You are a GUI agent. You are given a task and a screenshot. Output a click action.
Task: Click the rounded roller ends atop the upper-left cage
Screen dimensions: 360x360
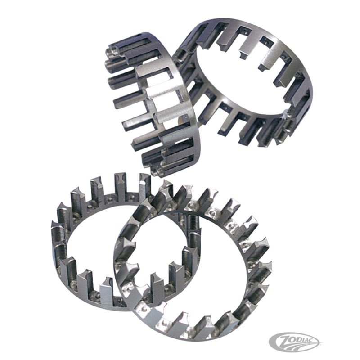pyautogui.click(x=112, y=58)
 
